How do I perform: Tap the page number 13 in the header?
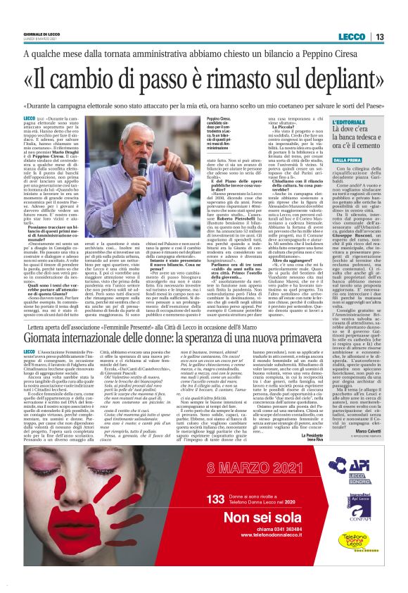379,37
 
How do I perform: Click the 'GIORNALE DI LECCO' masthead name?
43,33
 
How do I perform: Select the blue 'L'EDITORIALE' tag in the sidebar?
352,123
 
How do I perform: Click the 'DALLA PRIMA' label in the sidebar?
348,159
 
